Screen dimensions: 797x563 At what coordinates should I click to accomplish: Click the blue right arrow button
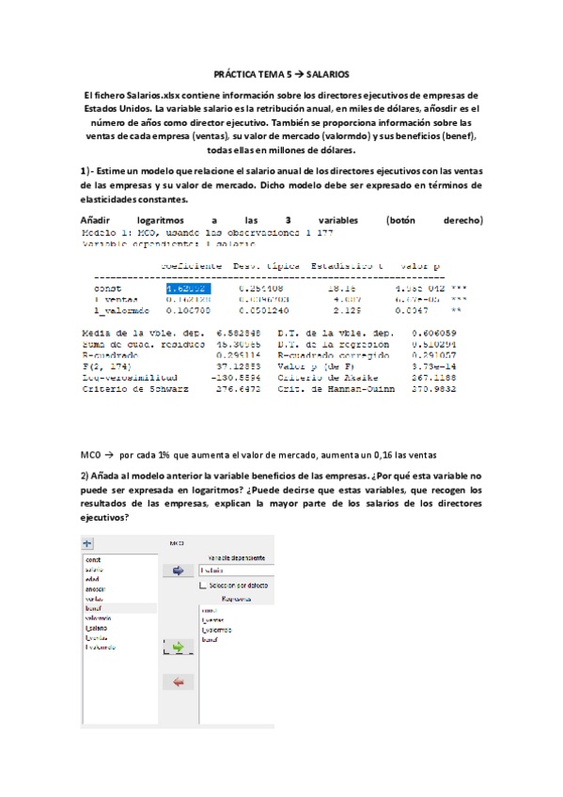[x=179, y=570]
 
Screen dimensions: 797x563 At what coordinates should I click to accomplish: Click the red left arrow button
[x=179, y=680]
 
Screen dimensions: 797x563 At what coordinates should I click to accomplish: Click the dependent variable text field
[x=244, y=570]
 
